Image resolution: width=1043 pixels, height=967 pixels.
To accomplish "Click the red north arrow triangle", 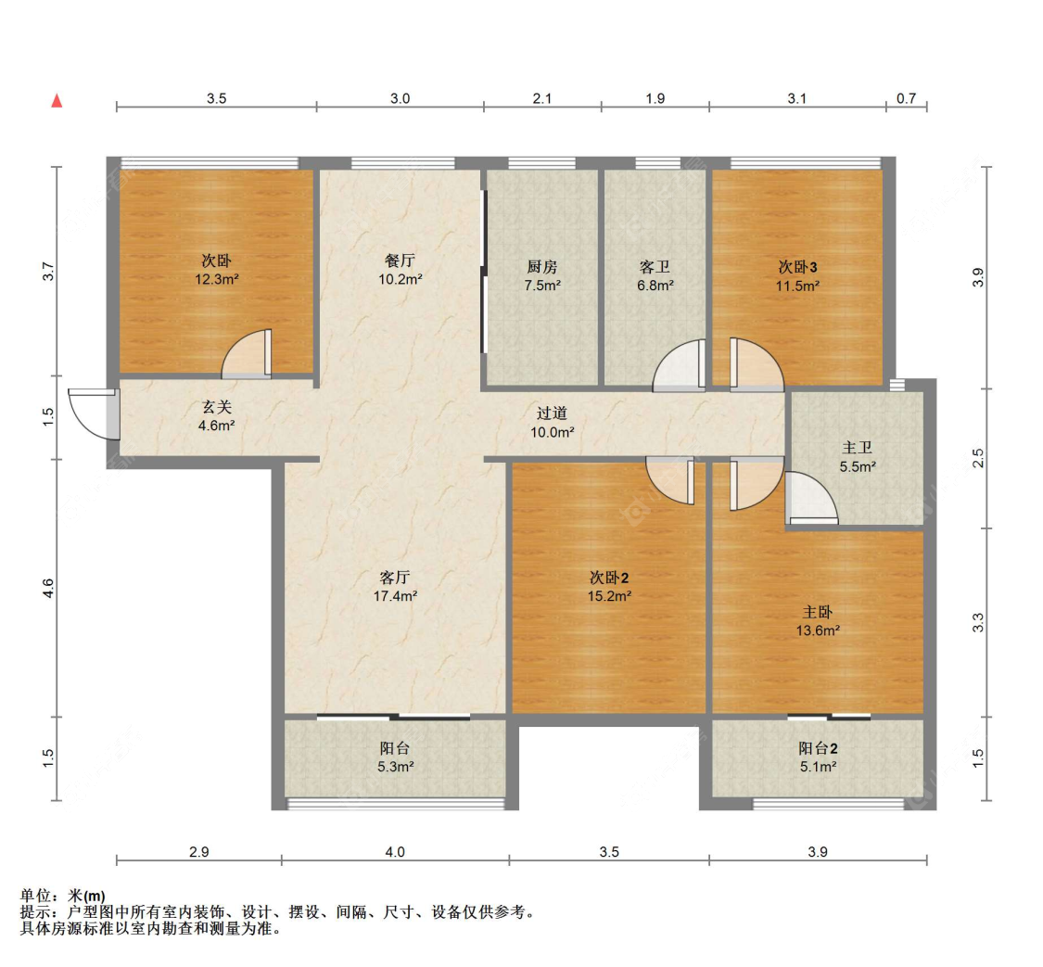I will [57, 100].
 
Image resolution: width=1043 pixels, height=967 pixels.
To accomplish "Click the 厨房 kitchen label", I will [541, 267].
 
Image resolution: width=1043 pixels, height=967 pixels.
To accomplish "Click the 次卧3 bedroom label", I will [797, 267].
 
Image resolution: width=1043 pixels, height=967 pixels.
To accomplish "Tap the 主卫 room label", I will [858, 450].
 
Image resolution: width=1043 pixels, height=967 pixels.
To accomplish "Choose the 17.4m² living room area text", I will [394, 596].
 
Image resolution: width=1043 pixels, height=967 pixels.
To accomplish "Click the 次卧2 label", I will [609, 578].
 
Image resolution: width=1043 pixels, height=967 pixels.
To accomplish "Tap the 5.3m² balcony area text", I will [396, 767].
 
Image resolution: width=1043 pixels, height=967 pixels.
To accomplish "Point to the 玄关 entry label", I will [218, 407].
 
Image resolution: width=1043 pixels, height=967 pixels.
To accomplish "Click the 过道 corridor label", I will [552, 414].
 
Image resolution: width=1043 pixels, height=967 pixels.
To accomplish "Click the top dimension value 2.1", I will [541, 98].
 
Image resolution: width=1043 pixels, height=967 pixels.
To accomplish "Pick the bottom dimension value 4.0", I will [395, 852].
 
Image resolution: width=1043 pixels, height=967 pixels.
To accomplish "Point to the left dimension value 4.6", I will [48, 588].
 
